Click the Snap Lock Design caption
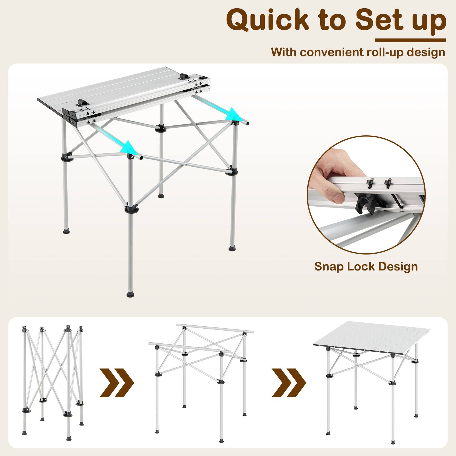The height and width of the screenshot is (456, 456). click(366, 266)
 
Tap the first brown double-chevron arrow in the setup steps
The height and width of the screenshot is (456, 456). click(117, 383)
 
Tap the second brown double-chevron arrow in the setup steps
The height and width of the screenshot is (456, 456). click(288, 383)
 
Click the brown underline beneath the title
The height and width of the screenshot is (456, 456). click(410, 40)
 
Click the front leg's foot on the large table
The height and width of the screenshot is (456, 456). click(130, 294)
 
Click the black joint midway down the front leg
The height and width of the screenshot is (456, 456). click(131, 209)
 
